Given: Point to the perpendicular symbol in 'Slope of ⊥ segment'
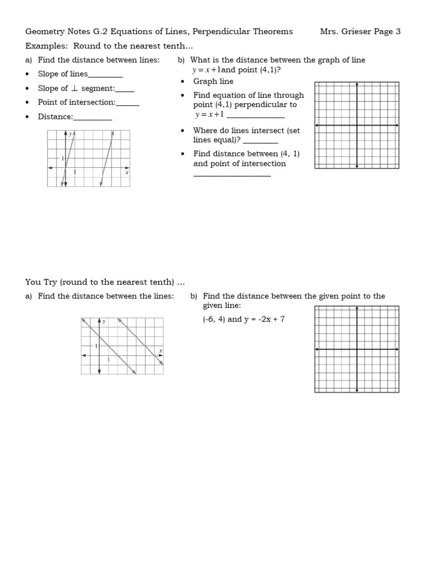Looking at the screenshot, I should pos(75,88).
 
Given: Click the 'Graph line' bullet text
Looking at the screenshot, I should pos(213,81).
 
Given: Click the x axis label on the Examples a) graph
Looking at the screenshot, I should pos(127,173).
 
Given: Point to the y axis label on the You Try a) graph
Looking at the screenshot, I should pos(105,322).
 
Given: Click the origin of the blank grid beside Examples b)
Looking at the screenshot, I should pos(357,125).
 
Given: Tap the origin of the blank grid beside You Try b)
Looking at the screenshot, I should pos(357,350).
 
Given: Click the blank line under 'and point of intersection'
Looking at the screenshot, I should pos(232,176).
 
